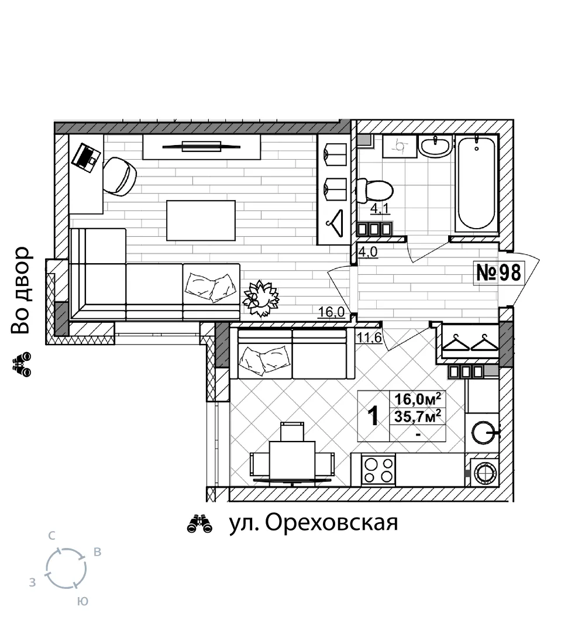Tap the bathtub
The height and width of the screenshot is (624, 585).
[x=477, y=183]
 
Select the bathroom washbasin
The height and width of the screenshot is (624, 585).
[x=436, y=146]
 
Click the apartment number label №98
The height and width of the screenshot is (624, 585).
[x=498, y=273]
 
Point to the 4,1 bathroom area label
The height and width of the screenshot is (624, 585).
[x=380, y=209]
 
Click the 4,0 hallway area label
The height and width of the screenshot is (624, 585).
[x=368, y=252]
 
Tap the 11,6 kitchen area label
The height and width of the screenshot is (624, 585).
[x=369, y=338]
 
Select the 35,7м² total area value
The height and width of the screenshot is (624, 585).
[x=418, y=416]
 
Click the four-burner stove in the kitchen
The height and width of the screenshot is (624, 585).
[x=378, y=470]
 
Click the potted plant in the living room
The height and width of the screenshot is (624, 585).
[x=261, y=298]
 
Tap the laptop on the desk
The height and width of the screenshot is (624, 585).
[x=86, y=157]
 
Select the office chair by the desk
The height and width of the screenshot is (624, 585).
[x=120, y=176]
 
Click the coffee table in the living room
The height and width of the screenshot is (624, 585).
[x=201, y=220]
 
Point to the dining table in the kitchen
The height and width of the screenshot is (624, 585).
[x=292, y=461]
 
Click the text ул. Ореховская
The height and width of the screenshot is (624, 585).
[x=314, y=522]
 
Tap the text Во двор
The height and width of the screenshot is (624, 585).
[x=20, y=290]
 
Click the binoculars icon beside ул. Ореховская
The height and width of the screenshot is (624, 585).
[x=199, y=524]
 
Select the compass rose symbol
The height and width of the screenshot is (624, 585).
[x=66, y=568]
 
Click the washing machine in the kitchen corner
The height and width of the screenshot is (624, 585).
[x=485, y=473]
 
